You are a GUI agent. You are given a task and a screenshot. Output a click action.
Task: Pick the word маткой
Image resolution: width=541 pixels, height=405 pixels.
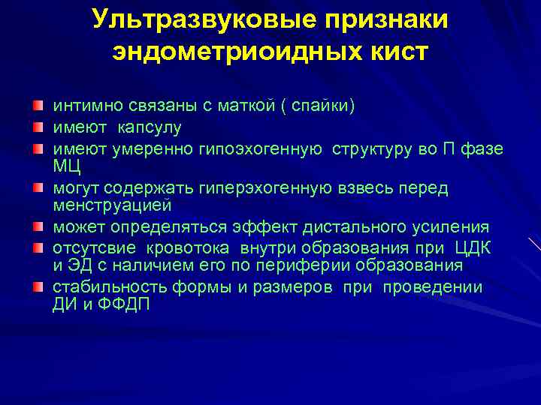pyautogui.click(x=238, y=106)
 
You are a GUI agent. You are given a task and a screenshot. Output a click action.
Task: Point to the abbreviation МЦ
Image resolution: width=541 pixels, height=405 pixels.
pyautogui.click(x=66, y=163)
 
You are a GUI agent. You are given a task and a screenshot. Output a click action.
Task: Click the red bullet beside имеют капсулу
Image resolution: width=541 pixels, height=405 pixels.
pyautogui.click(x=37, y=127)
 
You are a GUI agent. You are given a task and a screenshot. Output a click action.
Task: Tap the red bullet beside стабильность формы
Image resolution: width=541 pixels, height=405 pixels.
pyautogui.click(x=37, y=287)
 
